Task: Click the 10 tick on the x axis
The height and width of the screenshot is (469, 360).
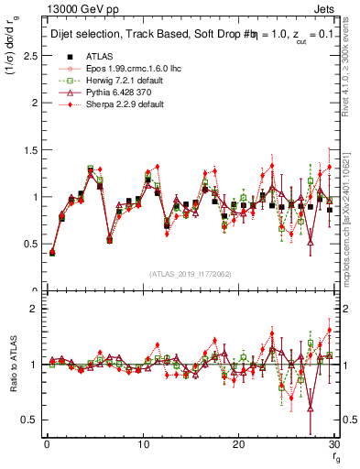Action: click(142, 444)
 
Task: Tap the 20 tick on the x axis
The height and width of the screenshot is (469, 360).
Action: click(238, 444)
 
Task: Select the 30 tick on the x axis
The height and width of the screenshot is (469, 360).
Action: click(334, 444)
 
